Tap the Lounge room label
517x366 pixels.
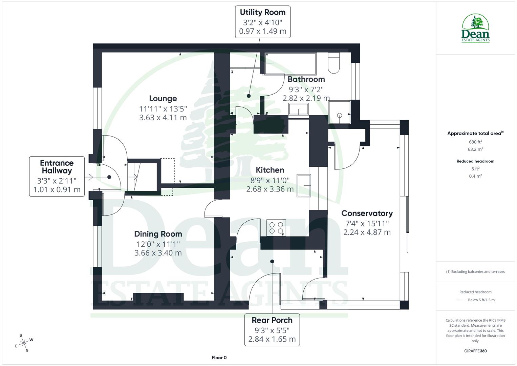[x=163, y=99]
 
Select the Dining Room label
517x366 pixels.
[x=158, y=234]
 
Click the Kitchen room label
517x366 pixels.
[x=270, y=170]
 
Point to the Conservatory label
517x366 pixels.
[x=367, y=213]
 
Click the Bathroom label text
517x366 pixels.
[x=306, y=79]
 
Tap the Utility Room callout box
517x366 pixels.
[x=262, y=22]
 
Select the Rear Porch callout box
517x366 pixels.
[x=272, y=329]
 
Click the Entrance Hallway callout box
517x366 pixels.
[x=57, y=176]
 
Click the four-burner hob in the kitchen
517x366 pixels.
[x=276, y=228]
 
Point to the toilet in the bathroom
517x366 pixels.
[x=333, y=63]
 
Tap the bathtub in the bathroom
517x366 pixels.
[x=290, y=63]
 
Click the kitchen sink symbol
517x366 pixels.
[x=304, y=185]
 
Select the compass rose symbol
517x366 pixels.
[x=24, y=343]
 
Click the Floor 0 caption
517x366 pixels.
[x=219, y=358]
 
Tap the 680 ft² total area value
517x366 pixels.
[x=475, y=142]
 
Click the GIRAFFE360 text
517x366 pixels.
[x=475, y=351]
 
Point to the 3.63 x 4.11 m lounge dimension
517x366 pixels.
[x=163, y=118]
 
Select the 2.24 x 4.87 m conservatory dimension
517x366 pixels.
[x=367, y=232]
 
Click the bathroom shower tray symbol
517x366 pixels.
[x=339, y=112]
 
